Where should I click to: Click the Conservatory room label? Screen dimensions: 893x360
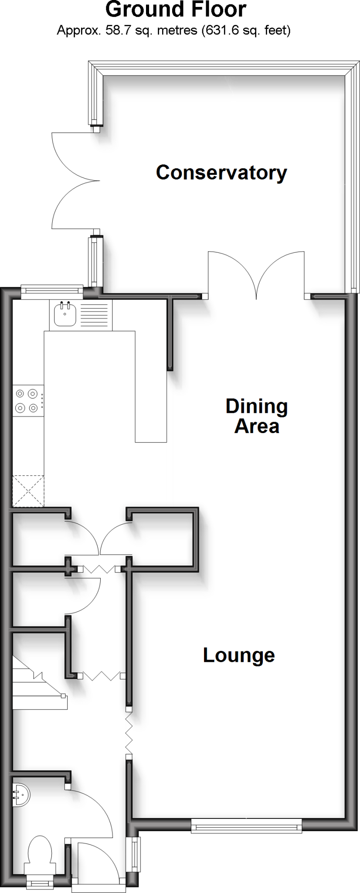coord(221,173)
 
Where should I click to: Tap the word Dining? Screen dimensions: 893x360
coord(256,406)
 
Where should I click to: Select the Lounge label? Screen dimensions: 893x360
coord(239,655)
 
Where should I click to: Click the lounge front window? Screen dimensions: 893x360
coord(246,825)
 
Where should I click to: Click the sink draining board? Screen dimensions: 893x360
coord(94,314)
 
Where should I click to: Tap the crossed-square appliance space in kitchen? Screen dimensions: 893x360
coord(28,491)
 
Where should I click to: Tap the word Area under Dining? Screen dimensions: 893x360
coord(257,426)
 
